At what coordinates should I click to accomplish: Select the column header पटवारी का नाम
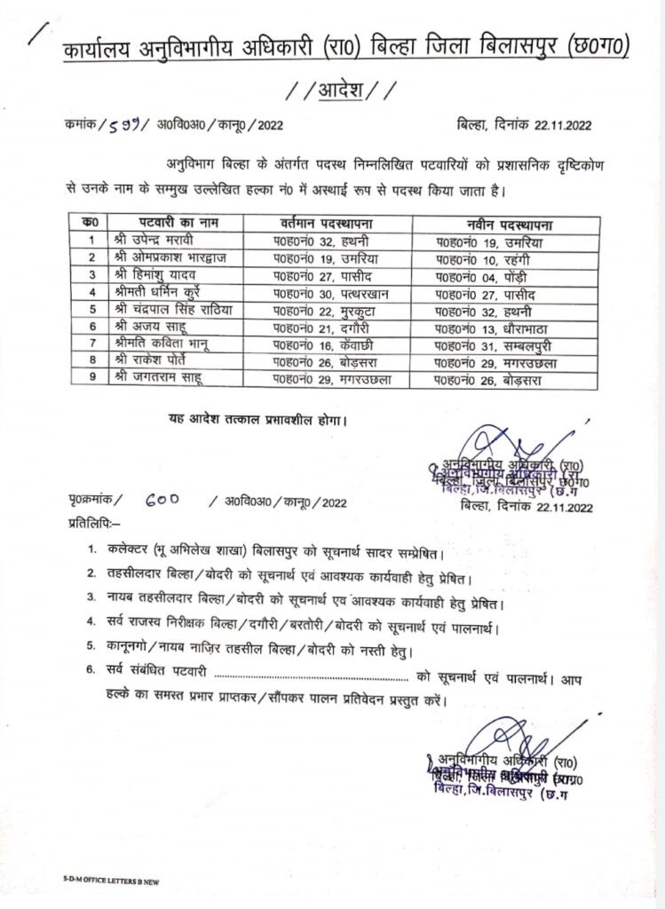pos(178,222)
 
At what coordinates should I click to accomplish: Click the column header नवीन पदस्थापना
pos(510,222)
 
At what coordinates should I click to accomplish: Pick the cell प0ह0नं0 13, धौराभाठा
pos(493,328)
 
